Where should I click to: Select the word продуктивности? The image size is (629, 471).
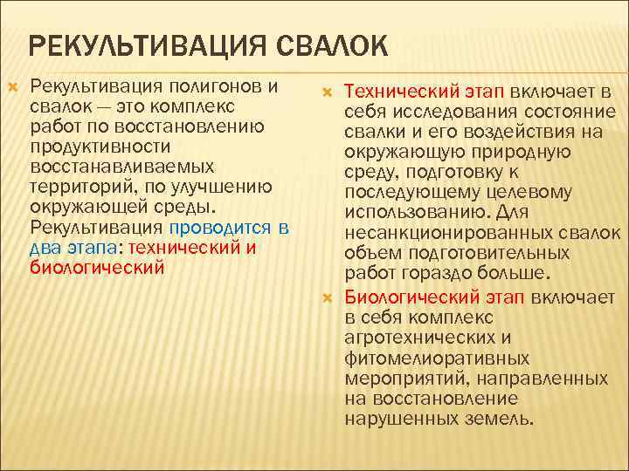click(98, 147)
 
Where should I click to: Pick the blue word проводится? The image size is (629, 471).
click(222, 228)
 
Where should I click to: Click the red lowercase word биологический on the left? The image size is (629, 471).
click(97, 267)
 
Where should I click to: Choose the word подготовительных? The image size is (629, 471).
click(482, 254)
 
